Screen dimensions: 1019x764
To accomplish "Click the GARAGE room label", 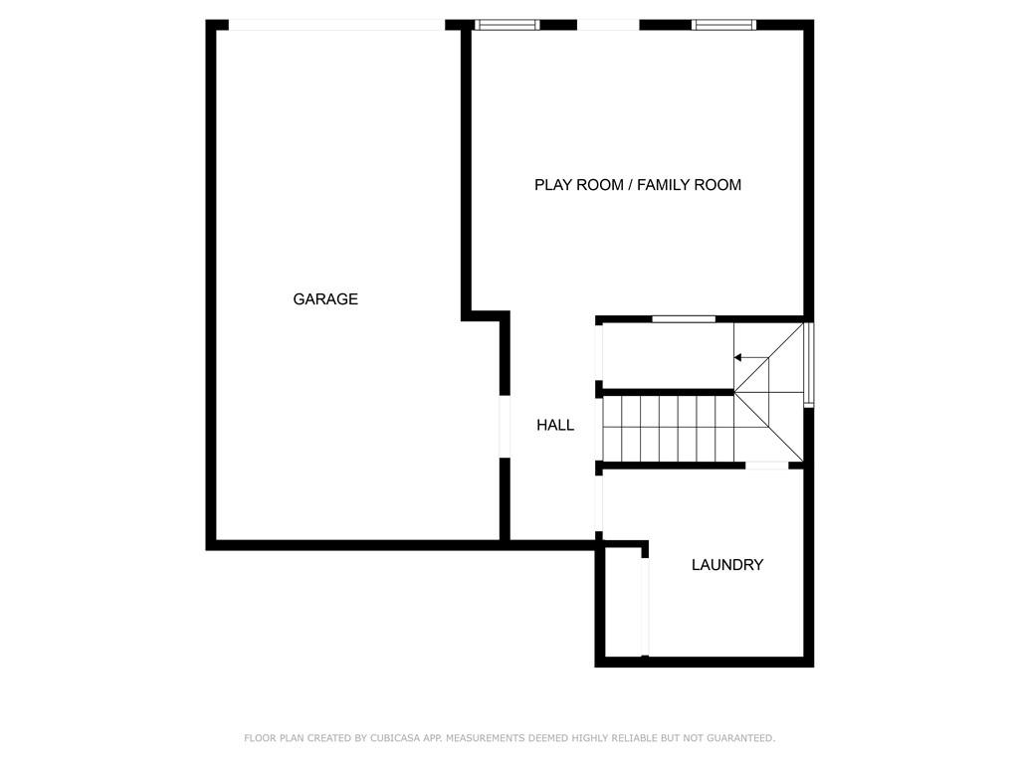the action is (x=325, y=298).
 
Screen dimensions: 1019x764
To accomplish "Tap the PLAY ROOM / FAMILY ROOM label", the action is (x=638, y=185).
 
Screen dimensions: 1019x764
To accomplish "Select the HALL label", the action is (x=555, y=425).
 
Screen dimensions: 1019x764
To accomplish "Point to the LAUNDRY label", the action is (x=727, y=565).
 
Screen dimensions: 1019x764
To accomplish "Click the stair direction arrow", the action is (x=751, y=358).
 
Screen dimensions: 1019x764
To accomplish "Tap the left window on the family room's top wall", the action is (x=507, y=25).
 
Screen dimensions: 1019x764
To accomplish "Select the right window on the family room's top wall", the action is (x=724, y=25).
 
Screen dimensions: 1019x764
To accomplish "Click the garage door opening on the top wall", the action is (x=336, y=25).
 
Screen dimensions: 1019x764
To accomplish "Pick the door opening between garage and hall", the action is (x=505, y=426).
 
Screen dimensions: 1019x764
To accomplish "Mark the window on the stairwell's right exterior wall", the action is (x=809, y=364).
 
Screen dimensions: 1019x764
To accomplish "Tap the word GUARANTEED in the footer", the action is (x=740, y=738).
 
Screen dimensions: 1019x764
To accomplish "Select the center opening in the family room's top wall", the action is (x=608, y=25).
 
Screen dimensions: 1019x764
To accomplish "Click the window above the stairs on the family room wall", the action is (x=684, y=319).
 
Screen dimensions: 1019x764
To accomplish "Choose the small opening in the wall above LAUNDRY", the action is (x=767, y=466).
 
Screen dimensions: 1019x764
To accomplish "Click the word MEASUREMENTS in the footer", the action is (x=485, y=738).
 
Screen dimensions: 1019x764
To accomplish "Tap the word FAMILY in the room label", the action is (x=662, y=185).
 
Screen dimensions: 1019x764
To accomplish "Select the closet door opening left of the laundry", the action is (x=645, y=606).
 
